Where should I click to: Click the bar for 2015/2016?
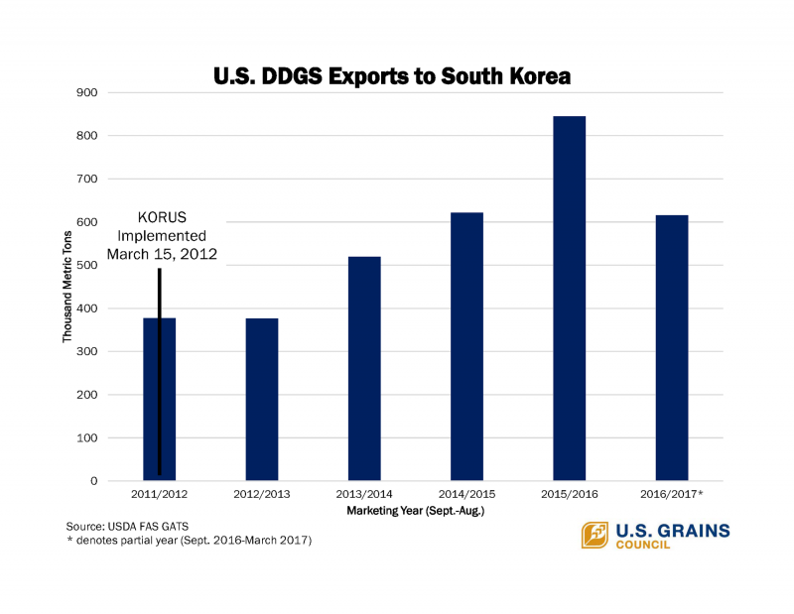coord(569,299)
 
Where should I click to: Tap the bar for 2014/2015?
coord(466,346)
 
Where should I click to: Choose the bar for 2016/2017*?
coord(672,347)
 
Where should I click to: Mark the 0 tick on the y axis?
coord(93,481)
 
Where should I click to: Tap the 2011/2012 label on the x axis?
coord(159,493)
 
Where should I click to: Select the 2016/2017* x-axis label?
coord(673,493)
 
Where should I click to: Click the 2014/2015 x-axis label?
coord(466,493)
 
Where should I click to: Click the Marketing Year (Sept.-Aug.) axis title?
coord(416,510)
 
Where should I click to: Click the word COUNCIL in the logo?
coord(643,546)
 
